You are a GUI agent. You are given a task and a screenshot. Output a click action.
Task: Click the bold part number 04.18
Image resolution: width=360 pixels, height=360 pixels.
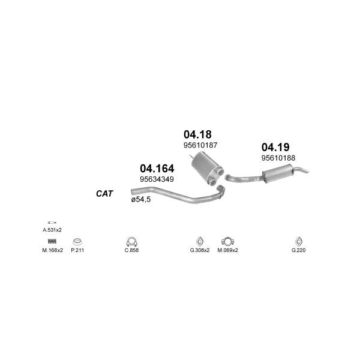coord(197,134)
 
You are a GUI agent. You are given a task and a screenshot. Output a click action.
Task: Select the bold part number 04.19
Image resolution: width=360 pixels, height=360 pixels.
coord(275,147)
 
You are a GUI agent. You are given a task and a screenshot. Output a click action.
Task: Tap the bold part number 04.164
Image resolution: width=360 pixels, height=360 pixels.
coord(157,169)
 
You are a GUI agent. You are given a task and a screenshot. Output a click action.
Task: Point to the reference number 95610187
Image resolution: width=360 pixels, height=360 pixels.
coord(200,145)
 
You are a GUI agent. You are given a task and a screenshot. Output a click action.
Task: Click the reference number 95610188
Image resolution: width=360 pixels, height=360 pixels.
coord(278,158)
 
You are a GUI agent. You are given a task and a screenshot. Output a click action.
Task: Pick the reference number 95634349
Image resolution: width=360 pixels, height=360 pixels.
coord(157,179)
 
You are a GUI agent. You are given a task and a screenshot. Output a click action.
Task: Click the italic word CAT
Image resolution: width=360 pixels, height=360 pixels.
coord(104,194)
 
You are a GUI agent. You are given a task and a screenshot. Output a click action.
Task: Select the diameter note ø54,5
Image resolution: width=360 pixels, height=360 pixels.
coord(141,199)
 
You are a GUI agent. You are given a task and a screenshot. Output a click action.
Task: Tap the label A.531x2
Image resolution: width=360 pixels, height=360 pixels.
coord(52,230)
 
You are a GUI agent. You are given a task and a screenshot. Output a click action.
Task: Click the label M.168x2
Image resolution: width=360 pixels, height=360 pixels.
coord(52,250)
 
